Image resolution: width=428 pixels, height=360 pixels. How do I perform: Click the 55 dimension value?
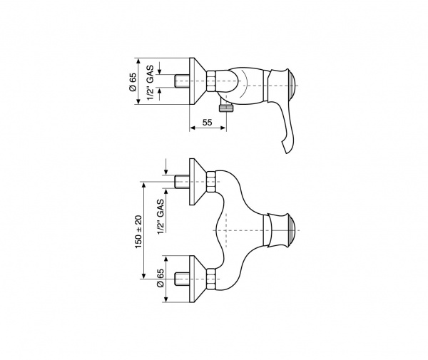click(x=207, y=123)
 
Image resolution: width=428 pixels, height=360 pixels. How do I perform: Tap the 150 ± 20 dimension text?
click(x=138, y=232)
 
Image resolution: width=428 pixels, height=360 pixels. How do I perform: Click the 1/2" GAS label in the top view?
click(x=151, y=83)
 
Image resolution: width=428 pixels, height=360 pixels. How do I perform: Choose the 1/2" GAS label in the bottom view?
click(x=160, y=217)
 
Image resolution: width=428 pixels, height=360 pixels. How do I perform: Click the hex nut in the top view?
click(x=210, y=81)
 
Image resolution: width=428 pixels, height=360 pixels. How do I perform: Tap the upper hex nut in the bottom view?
click(x=210, y=182)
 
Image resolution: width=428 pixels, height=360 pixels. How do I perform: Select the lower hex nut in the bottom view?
click(x=210, y=279)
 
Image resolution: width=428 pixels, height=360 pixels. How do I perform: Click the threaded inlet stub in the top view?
click(x=182, y=81)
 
